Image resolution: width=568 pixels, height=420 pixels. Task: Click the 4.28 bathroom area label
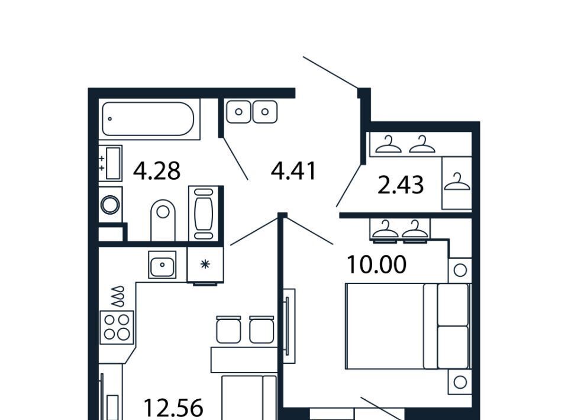tap(156, 171)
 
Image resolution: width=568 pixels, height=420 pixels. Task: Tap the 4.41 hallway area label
tap(293, 171)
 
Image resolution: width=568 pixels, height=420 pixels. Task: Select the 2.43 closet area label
tap(401, 185)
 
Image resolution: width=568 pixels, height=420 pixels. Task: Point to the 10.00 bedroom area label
tap(376, 264)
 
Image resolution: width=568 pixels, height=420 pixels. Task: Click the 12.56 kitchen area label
tap(173, 408)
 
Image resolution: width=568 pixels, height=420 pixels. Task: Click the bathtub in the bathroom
tap(148, 119)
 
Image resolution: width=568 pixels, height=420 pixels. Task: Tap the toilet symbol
tap(163, 220)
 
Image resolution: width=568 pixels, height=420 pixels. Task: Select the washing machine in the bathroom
tap(111, 205)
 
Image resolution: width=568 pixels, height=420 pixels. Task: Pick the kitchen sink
tap(162, 264)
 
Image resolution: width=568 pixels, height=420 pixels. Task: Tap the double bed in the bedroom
tap(408, 326)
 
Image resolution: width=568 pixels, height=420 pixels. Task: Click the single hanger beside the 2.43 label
tap(457, 183)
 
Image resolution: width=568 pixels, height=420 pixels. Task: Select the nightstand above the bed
tap(460, 270)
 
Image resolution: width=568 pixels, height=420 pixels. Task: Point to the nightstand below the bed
tap(460, 382)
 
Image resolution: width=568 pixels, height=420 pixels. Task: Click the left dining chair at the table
tap(228, 329)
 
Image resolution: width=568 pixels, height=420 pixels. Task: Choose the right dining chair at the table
tap(262, 329)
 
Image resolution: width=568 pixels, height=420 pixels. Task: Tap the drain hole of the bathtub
tap(110, 119)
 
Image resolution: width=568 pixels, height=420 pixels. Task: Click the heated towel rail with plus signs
tap(111, 163)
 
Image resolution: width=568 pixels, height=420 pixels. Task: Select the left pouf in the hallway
tap(238, 112)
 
